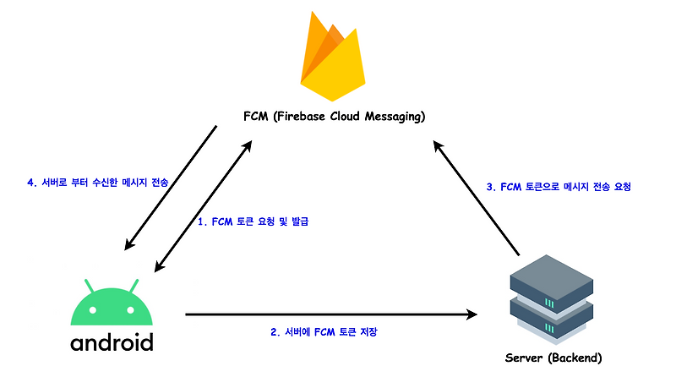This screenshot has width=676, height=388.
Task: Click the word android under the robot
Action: [x=112, y=343]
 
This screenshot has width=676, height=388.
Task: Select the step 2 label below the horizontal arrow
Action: [x=324, y=332]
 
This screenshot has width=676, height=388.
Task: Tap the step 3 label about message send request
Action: [x=559, y=186]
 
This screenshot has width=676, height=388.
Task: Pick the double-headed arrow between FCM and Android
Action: [x=203, y=207]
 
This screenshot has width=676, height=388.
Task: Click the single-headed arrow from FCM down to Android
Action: [x=170, y=189]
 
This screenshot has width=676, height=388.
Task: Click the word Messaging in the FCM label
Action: [x=392, y=116]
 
